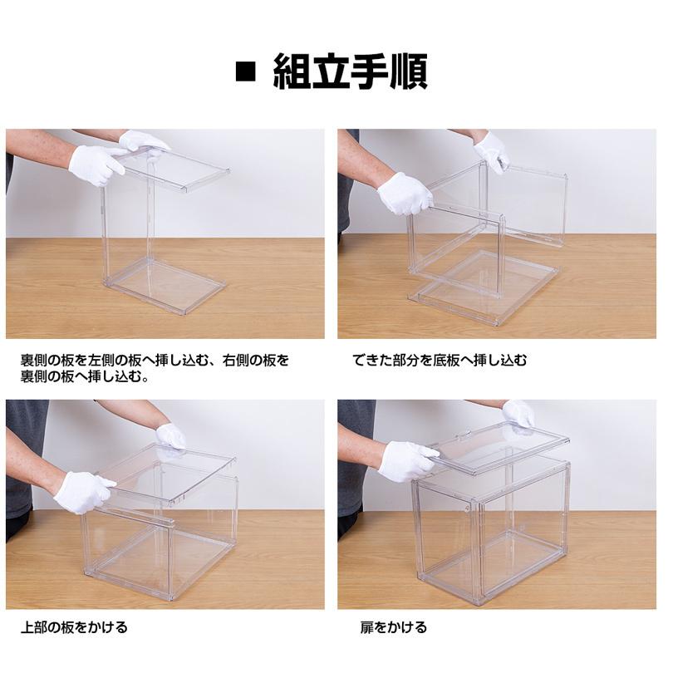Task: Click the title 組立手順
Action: [x=351, y=72]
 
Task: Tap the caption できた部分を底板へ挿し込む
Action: [x=440, y=360]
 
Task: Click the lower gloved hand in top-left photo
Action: [x=96, y=165]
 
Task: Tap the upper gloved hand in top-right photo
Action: [x=492, y=151]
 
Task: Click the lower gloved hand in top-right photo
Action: [x=405, y=193]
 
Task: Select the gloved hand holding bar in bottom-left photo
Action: [x=83, y=492]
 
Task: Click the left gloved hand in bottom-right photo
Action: [x=407, y=461]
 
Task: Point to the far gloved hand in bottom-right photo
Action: [x=518, y=414]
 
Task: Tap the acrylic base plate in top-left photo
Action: [x=166, y=284]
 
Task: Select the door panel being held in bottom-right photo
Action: [x=499, y=449]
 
